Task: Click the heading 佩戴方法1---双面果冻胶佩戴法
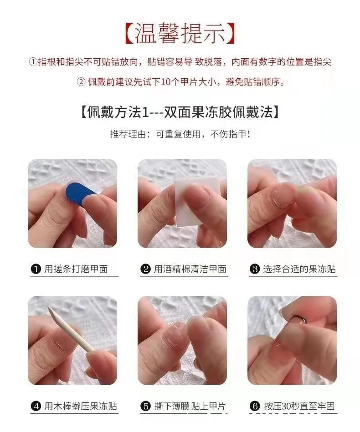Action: (x=180, y=112)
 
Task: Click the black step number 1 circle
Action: (x=36, y=269)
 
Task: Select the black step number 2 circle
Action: (x=146, y=269)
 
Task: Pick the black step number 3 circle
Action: (x=255, y=269)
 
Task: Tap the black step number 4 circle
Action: (x=36, y=407)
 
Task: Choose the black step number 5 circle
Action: (x=146, y=407)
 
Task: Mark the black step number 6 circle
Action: (x=255, y=407)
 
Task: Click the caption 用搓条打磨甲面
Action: (x=76, y=269)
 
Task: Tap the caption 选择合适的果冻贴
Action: (x=299, y=269)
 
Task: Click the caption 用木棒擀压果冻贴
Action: (x=80, y=407)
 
